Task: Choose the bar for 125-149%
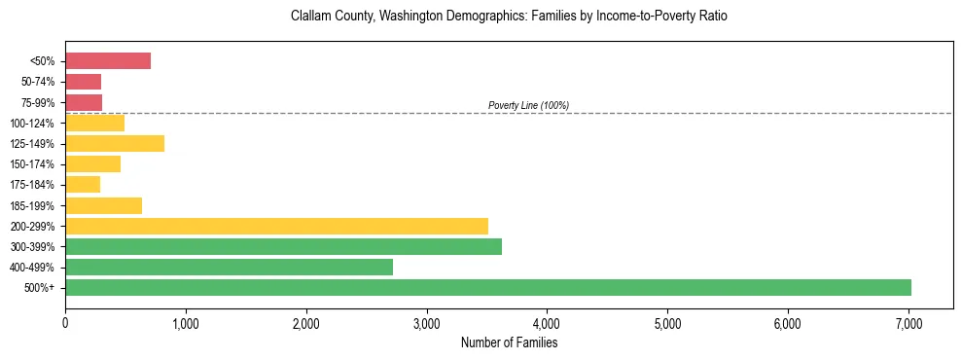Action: click(115, 143)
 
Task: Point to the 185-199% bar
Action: click(103, 205)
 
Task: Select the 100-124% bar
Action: click(94, 123)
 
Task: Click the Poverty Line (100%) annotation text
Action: click(528, 105)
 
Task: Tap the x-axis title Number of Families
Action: click(509, 342)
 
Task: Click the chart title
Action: click(509, 17)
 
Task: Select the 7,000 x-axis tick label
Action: click(909, 323)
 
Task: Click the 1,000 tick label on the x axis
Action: click(186, 323)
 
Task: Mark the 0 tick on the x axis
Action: click(65, 323)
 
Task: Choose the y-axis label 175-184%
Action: click(37, 185)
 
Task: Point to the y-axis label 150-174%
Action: click(37, 164)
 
